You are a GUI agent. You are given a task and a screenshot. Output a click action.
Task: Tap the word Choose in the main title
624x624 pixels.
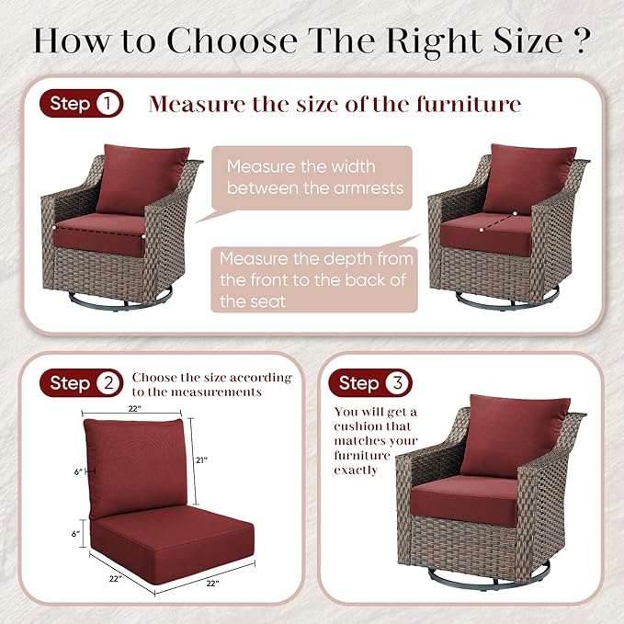pos(233,40)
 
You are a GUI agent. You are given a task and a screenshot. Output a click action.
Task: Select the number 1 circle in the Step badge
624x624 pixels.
pos(108,104)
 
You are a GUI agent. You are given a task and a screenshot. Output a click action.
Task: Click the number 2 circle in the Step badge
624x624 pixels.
pos(108,383)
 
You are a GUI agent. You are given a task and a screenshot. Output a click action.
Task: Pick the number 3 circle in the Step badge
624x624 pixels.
pos(398,383)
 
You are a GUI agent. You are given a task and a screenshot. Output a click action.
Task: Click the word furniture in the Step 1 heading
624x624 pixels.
pos(469,104)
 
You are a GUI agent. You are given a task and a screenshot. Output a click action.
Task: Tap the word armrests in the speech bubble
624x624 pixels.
pos(369,188)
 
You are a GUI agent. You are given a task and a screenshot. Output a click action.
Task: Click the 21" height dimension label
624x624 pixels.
pos(202,460)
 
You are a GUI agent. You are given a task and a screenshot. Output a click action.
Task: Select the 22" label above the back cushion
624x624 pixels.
pos(135,409)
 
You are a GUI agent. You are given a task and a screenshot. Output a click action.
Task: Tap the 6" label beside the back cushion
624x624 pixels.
pos(78,472)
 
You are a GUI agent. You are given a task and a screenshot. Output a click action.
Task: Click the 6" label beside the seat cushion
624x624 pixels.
pos(75,534)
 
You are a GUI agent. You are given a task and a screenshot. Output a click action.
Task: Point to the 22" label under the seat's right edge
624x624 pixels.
pos(213,584)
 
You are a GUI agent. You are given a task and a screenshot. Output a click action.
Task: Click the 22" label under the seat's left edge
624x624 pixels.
pos(116,579)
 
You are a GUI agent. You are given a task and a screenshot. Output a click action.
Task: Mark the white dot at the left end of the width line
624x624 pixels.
pos(54,228)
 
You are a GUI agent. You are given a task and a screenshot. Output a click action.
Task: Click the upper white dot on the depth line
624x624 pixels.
pos(515,214)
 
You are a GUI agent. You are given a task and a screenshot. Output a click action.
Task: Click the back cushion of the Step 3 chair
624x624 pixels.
pos(516,436)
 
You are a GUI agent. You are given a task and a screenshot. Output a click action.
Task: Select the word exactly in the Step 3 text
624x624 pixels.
pos(356,471)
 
